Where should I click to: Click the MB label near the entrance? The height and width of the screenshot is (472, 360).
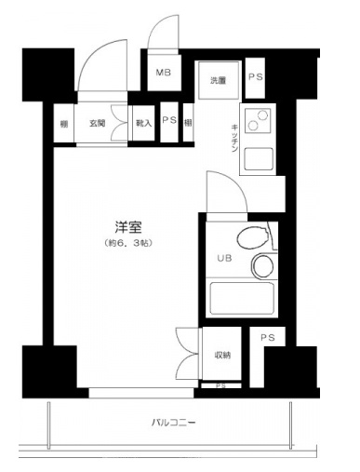[163, 73]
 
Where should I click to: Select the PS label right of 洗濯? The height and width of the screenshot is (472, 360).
[256, 78]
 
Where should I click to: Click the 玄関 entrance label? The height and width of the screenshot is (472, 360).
[98, 122]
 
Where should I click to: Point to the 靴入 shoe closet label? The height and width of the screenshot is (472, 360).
[143, 122]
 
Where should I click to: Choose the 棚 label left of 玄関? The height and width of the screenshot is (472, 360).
[62, 122]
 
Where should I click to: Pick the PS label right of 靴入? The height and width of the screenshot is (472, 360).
[168, 121]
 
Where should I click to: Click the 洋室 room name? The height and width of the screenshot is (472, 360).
[128, 226]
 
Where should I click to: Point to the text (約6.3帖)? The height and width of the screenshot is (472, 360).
[128, 243]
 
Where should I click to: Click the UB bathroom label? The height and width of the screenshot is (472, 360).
[223, 258]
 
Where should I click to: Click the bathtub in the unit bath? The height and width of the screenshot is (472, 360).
[241, 301]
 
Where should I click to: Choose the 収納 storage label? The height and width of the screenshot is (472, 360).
[222, 354]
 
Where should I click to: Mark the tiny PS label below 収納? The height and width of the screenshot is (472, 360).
[220, 384]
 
